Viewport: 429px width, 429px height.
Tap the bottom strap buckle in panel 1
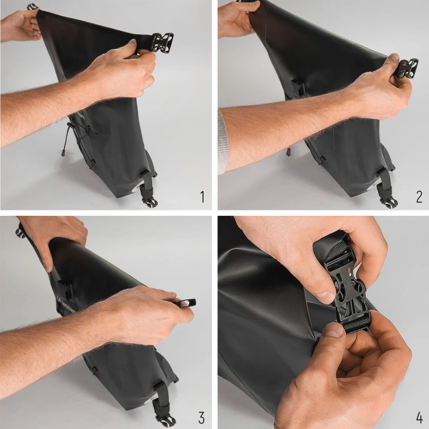149,199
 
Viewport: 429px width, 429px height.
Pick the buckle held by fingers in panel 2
406,68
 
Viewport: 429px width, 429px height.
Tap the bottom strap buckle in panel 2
387,200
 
